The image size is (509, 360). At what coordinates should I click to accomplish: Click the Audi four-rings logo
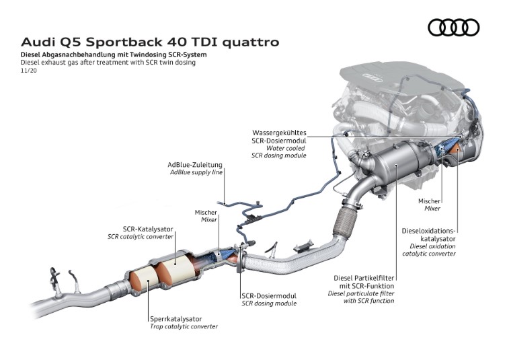tap(453, 27)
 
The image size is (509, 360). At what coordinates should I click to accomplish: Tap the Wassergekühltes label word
tap(279, 133)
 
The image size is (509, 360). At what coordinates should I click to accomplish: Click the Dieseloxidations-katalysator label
tap(429, 234)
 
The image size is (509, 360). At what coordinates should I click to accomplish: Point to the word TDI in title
tap(200, 42)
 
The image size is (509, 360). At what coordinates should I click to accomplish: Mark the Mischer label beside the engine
tap(429, 201)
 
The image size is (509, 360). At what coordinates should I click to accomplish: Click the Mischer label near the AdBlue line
tap(206, 212)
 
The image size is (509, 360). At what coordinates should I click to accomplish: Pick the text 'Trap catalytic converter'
tap(184, 326)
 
